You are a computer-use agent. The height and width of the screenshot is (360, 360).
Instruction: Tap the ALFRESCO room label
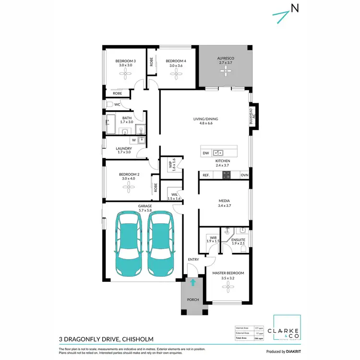[224, 57]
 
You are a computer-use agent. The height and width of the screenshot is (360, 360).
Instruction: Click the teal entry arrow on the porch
[192, 283]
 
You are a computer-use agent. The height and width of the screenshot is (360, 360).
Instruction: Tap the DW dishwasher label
[206, 153]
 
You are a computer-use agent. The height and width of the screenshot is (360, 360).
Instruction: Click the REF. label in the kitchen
[207, 175]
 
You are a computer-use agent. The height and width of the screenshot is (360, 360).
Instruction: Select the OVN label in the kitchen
[244, 175]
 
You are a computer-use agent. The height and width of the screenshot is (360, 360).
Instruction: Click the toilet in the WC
[109, 104]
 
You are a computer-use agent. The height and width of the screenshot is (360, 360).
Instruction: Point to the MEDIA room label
[224, 201]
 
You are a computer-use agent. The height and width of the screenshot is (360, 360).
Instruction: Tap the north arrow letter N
[295, 8]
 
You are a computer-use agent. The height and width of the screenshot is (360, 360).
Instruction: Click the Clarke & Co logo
[287, 328]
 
